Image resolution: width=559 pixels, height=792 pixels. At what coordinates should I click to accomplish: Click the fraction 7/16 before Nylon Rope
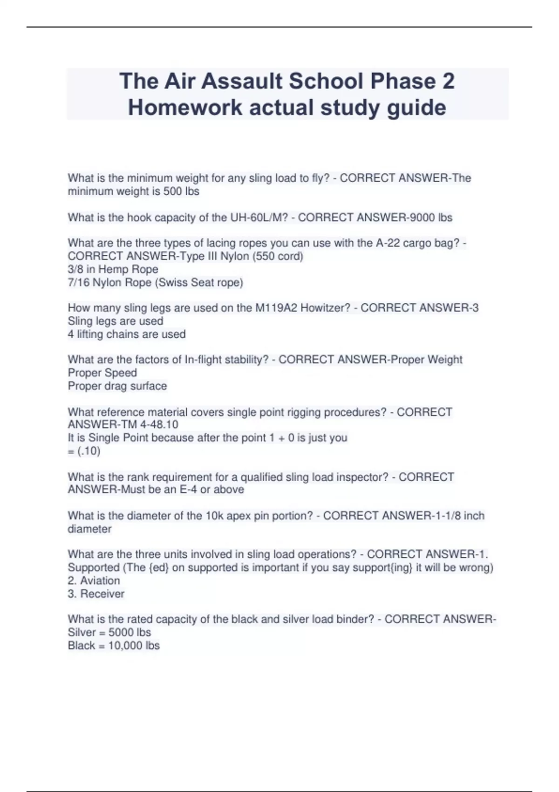[x=78, y=282]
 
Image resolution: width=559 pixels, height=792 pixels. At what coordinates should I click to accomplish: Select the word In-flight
[x=207, y=360]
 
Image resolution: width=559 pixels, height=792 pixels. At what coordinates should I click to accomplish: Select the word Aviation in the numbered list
[x=100, y=580]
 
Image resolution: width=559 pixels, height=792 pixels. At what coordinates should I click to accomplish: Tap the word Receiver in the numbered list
[x=102, y=594]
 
